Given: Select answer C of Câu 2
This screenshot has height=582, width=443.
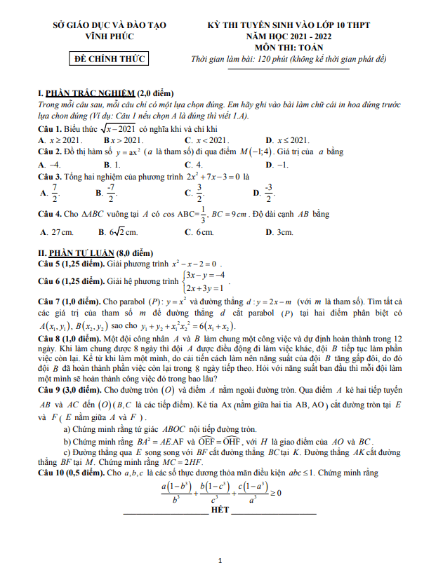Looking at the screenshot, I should tap(193, 164).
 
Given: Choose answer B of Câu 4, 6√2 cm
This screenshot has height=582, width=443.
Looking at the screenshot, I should tap(118, 232).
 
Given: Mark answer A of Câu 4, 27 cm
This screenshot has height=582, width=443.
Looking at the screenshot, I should tap(56, 232).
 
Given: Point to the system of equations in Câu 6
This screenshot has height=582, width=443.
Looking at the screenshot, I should tap(204, 281).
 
